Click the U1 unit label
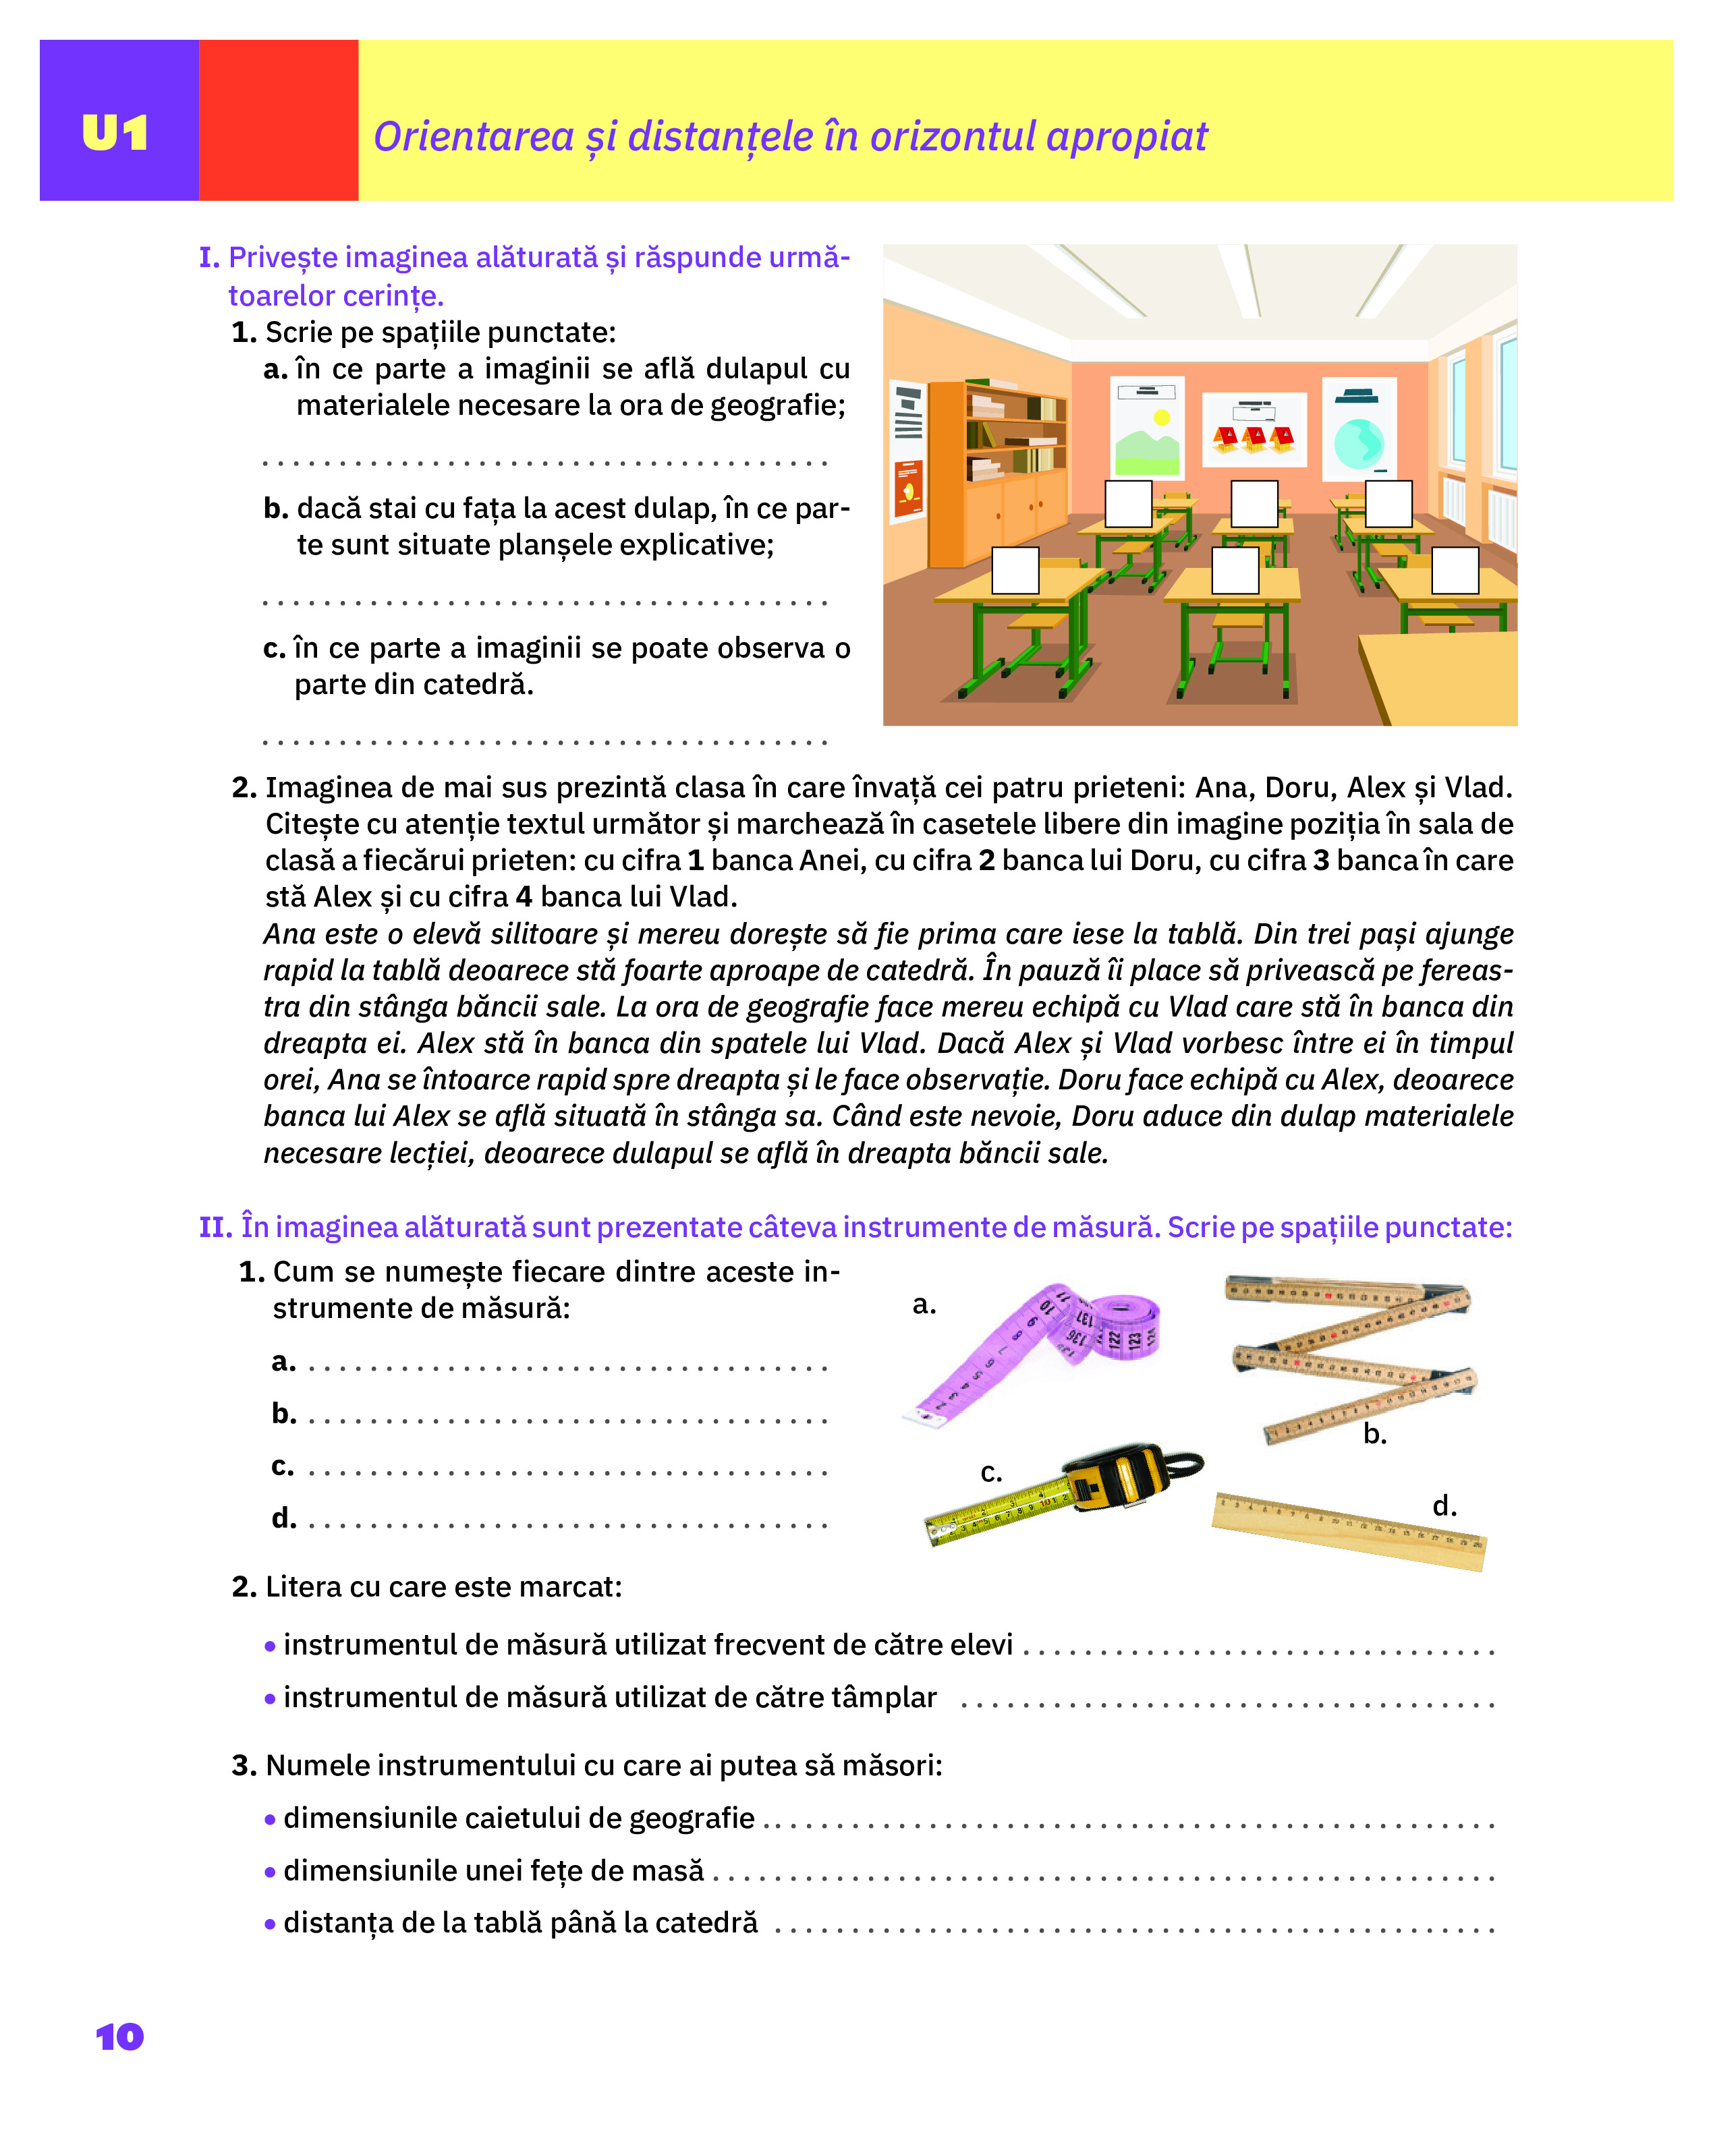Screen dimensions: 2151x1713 [116, 133]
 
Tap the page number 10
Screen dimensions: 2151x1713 [119, 2036]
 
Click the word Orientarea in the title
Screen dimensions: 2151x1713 [474, 137]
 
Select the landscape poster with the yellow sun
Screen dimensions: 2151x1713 [1148, 427]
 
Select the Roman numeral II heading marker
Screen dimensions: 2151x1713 [215, 1227]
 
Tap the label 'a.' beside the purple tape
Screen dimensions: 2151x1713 [924, 1304]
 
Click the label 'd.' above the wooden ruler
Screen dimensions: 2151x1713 [1444, 1505]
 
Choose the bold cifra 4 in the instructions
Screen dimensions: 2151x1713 [524, 897]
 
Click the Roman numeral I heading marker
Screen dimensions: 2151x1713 [208, 258]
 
